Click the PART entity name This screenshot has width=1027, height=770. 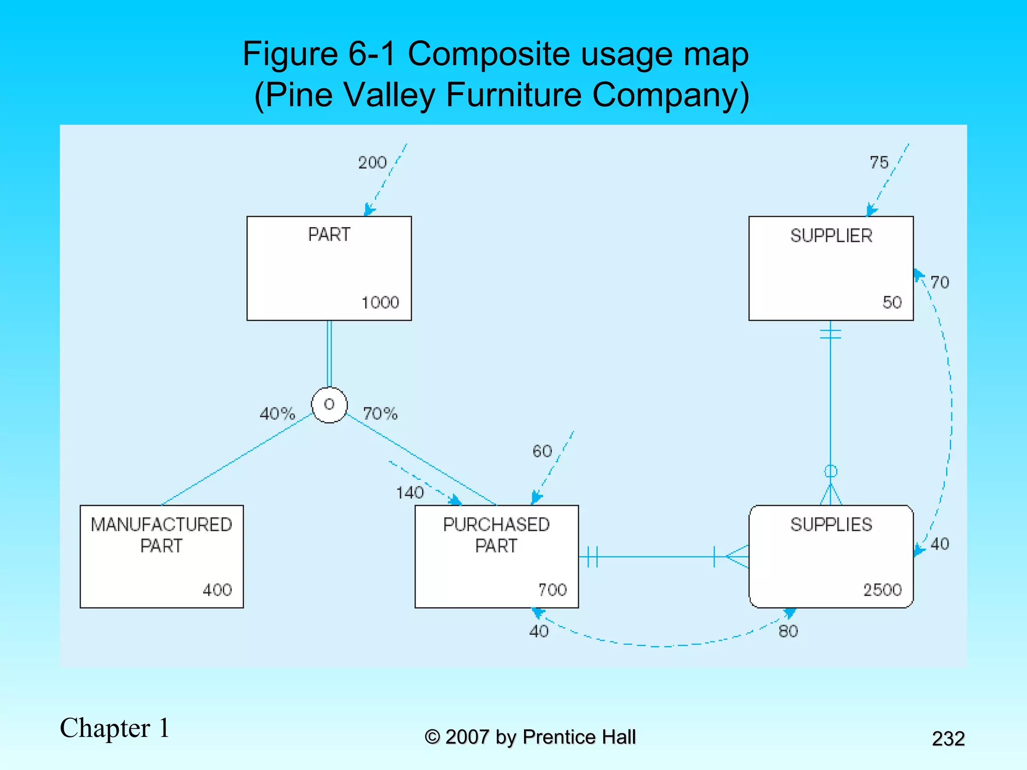(329, 235)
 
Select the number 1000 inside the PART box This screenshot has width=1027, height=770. (380, 302)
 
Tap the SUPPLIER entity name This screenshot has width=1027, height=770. (831, 236)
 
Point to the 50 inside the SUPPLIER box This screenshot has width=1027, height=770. (892, 302)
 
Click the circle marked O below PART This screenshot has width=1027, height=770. (329, 405)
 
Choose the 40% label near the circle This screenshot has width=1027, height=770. (277, 414)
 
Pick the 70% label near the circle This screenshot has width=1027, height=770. (380, 414)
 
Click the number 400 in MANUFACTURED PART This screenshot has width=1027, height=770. (217, 590)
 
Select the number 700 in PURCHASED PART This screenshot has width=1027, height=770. (552, 590)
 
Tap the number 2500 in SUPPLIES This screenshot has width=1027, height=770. (882, 590)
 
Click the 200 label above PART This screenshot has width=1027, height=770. (372, 162)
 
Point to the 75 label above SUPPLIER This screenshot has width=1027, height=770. (879, 162)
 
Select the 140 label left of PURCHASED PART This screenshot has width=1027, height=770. (410, 493)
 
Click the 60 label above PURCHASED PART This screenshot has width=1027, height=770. (542, 451)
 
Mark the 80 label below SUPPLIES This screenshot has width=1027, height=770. (788, 631)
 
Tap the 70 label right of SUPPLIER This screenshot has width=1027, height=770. (939, 282)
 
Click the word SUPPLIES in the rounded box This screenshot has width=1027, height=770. (831, 524)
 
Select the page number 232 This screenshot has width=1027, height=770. (948, 738)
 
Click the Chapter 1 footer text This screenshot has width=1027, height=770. (115, 728)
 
